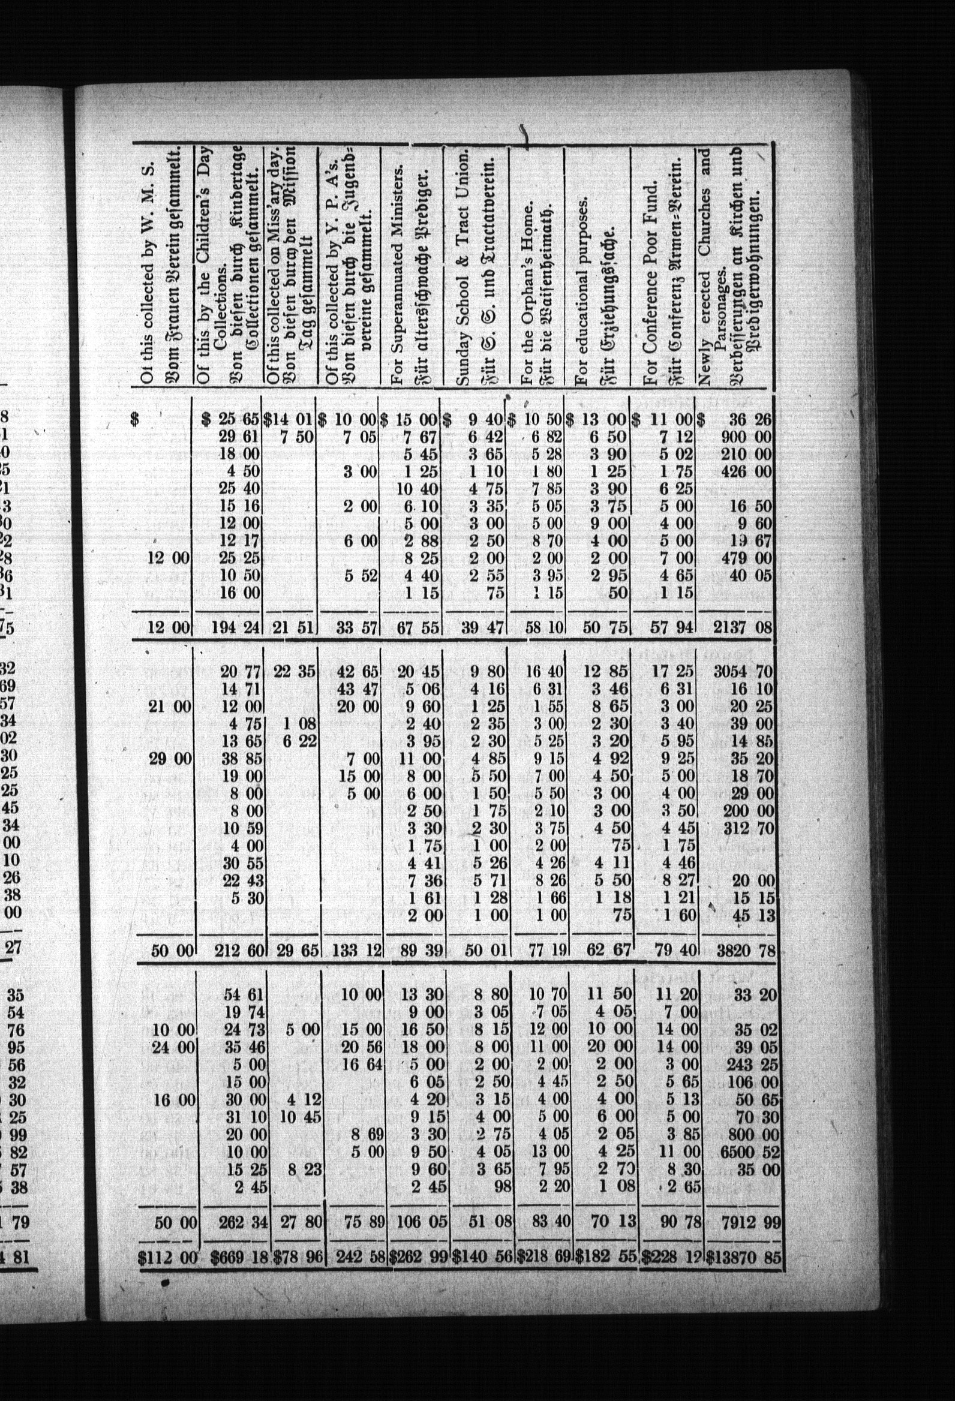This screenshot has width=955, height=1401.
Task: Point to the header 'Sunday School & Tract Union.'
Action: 463,268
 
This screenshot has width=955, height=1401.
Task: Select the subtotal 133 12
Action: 350,951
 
